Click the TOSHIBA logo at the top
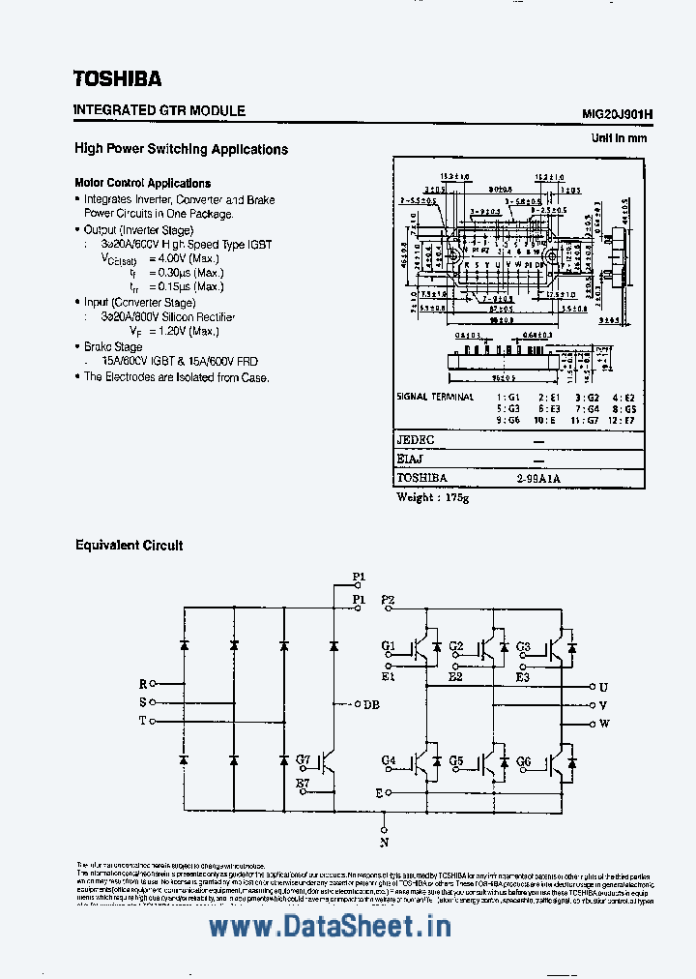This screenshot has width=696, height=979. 118,78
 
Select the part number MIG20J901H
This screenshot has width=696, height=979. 617,113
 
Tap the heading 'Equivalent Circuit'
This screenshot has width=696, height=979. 130,546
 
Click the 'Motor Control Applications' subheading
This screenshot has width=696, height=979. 143,183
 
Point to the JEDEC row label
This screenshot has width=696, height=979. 416,440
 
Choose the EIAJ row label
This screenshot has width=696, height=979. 412,459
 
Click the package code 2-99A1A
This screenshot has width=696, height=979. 538,478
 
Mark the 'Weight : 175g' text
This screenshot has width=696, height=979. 432,497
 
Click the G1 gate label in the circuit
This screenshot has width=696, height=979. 389,645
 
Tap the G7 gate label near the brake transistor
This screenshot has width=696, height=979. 304,760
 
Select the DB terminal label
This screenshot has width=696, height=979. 370,704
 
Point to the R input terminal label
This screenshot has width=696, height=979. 143,683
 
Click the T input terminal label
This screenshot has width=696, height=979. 143,721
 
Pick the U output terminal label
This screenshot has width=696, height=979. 603,686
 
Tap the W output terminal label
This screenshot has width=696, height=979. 604,724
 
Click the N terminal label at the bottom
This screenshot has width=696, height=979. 385,843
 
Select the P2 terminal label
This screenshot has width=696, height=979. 389,600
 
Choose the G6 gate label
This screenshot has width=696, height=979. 523,761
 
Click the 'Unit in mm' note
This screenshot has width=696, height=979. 619,138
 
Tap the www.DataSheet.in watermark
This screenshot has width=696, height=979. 331,926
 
